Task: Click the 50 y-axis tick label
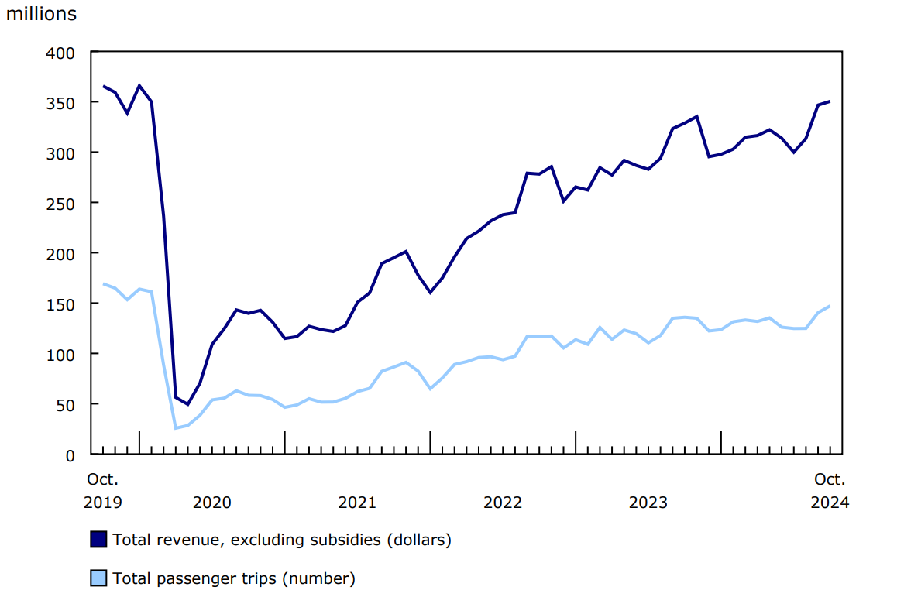coord(67,404)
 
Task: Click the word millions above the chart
coord(42,14)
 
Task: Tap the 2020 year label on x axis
coord(212,503)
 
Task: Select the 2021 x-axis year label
coord(357,503)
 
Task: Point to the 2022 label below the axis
coord(503,503)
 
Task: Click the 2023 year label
coord(648,503)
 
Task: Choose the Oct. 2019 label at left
coord(102,491)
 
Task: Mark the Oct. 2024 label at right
coord(830,491)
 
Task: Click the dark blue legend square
coord(98,540)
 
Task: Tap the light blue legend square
coord(98,578)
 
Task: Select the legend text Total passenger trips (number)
coord(234,578)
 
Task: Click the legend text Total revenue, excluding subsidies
coord(282,540)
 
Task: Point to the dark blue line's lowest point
coord(187,404)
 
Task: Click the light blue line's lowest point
coord(176,427)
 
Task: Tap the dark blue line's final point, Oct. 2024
coord(830,101)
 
